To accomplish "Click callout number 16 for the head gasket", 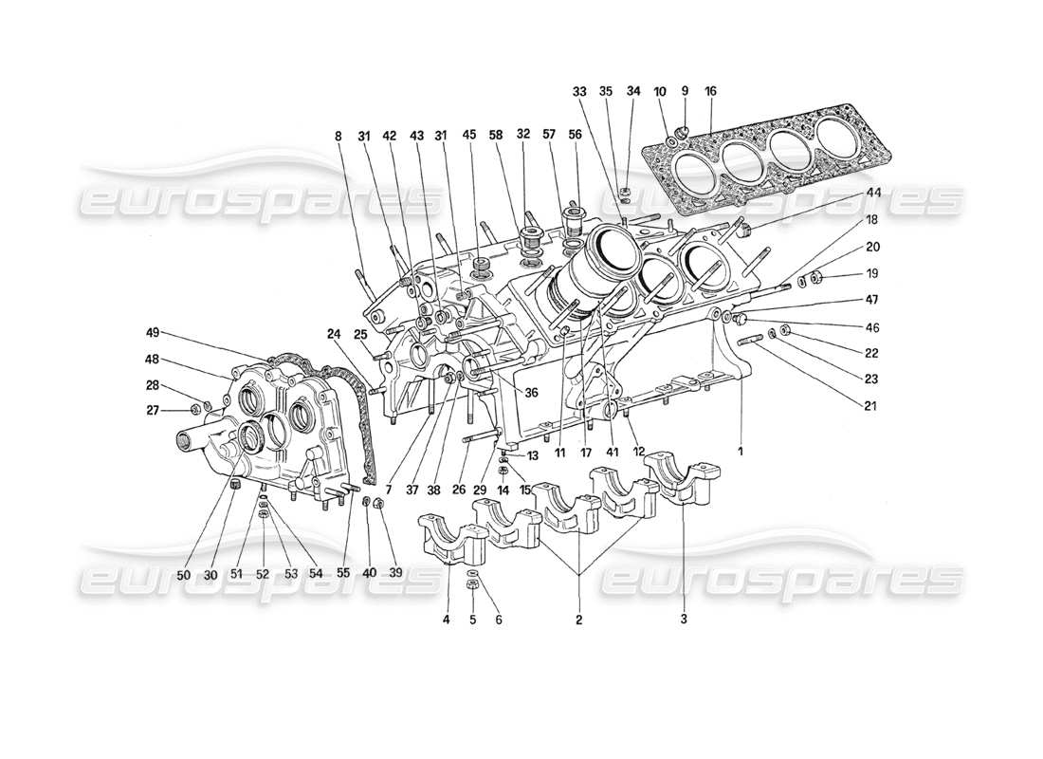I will coord(710,91).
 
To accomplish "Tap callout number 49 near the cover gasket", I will coord(153,333).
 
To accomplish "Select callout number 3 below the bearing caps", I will coord(683,620).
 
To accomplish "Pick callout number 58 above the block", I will coord(495,136).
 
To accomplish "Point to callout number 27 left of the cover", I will coord(153,410).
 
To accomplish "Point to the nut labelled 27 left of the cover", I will coord(194,409).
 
